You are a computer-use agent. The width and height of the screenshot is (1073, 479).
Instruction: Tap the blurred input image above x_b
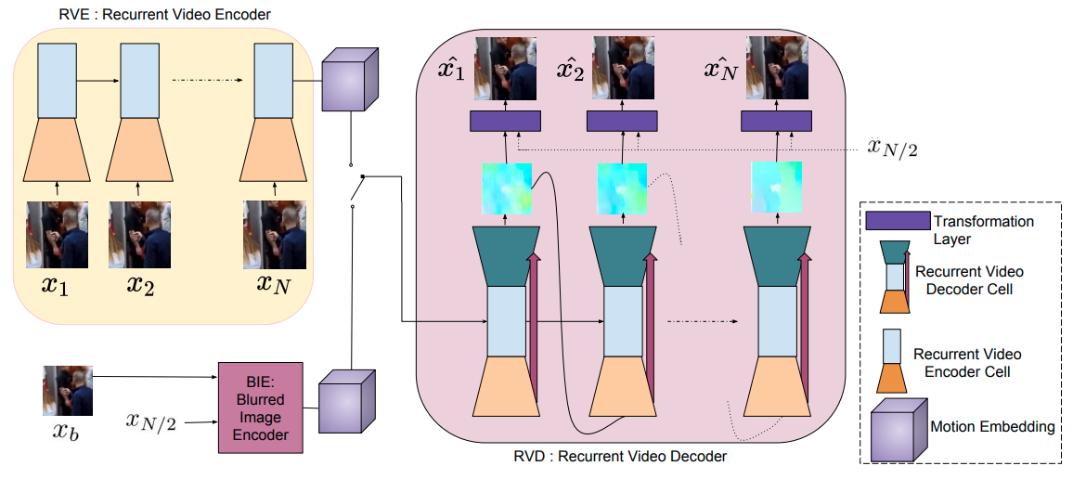click(68, 391)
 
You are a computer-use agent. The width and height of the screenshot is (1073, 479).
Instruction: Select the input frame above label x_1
click(58, 234)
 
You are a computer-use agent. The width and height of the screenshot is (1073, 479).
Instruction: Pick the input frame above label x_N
click(275, 234)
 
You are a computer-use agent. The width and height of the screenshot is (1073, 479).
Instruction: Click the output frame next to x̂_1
click(505, 69)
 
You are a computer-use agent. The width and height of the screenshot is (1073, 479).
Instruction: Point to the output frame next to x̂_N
click(777, 69)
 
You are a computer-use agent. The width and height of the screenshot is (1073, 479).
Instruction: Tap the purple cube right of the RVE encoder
click(350, 79)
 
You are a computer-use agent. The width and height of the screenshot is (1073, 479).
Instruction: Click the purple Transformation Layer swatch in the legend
click(898, 221)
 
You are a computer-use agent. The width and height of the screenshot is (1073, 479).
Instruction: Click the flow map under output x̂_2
click(622, 188)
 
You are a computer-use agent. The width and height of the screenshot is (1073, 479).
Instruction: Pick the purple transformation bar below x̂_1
click(505, 121)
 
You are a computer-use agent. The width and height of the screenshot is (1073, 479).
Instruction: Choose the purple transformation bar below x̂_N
click(777, 121)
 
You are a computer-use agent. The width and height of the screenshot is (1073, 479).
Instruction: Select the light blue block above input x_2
click(140, 81)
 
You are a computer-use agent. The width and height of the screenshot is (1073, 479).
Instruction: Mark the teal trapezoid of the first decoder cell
click(507, 256)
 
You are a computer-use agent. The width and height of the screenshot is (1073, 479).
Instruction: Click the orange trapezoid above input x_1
click(58, 149)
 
